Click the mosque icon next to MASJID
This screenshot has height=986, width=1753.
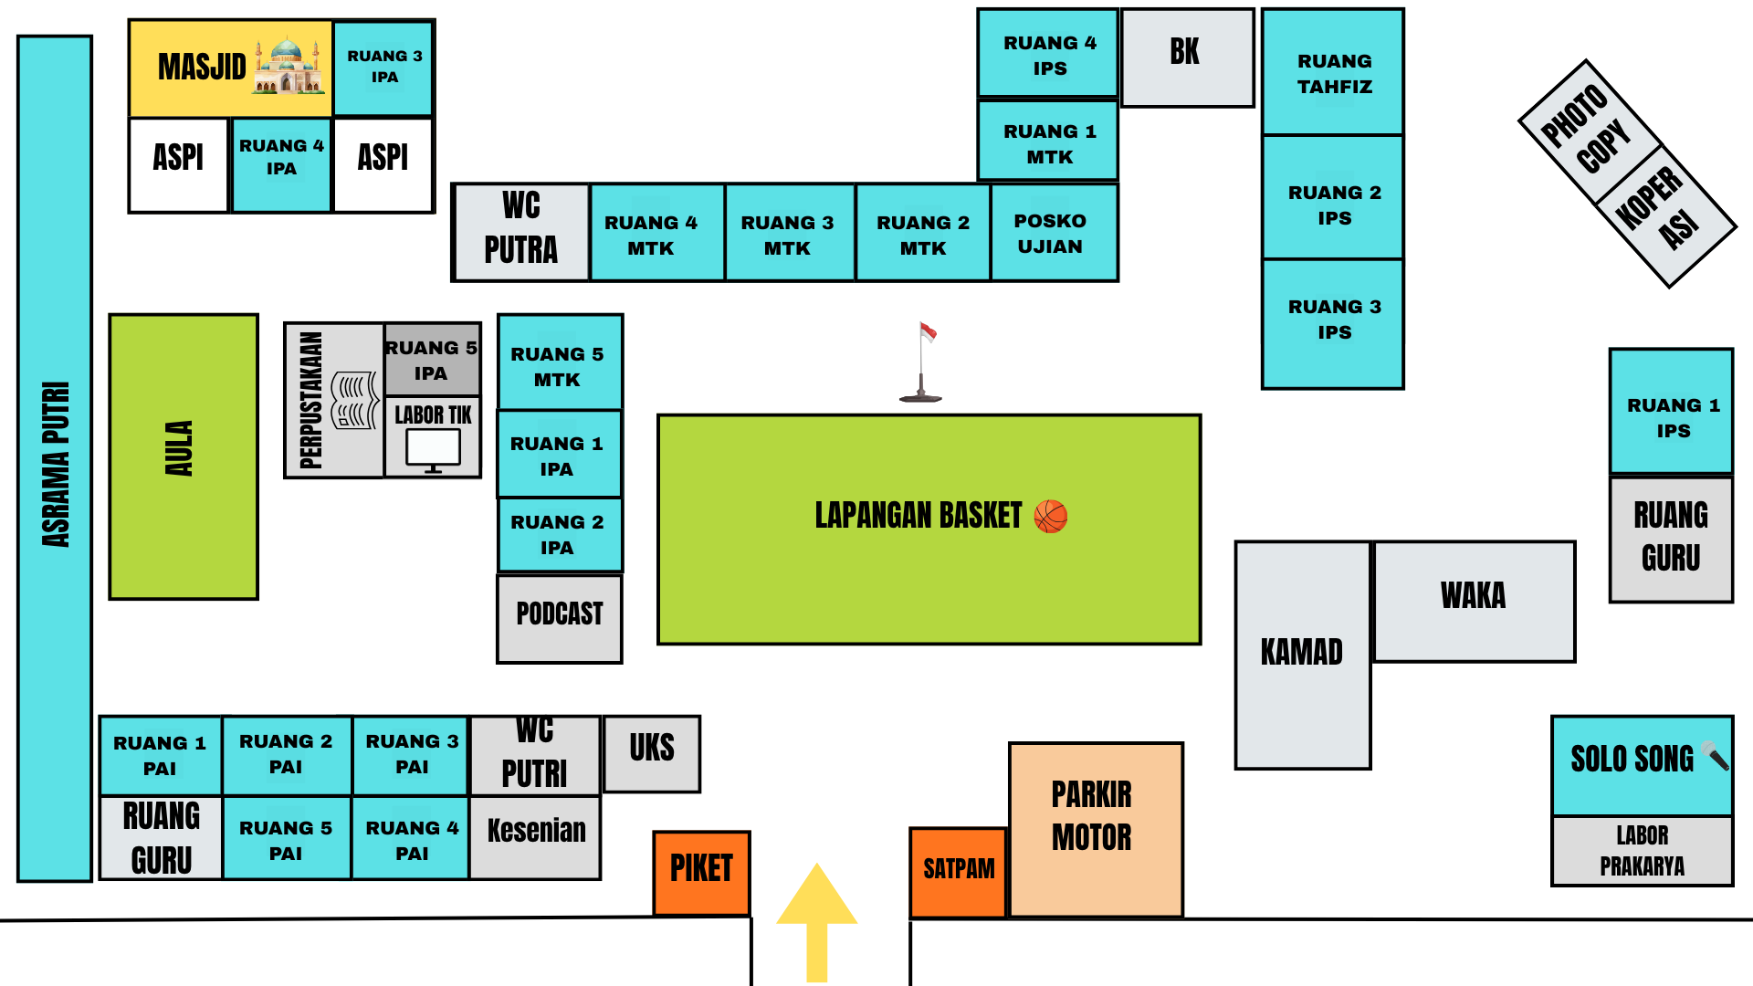coord(289,66)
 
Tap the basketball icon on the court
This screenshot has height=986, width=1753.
coord(1050,517)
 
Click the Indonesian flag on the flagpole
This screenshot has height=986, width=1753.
coord(928,332)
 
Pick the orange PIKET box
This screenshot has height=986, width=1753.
coord(701,872)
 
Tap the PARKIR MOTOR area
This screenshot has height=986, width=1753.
coord(1095,828)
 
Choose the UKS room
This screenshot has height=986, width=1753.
coord(652,752)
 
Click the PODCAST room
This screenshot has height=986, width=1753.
coord(560,617)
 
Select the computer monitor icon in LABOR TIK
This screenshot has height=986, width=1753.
coord(433,450)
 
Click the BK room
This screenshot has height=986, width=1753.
coord(1186,58)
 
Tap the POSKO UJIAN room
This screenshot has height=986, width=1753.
coord(1052,233)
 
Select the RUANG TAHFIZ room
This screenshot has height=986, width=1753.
coord(1333,73)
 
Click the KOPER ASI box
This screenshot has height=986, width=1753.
coord(1665,215)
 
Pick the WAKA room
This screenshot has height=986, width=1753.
coord(1474,600)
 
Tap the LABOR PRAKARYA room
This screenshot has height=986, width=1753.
coord(1641,851)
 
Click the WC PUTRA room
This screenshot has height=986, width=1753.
coord(520,232)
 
